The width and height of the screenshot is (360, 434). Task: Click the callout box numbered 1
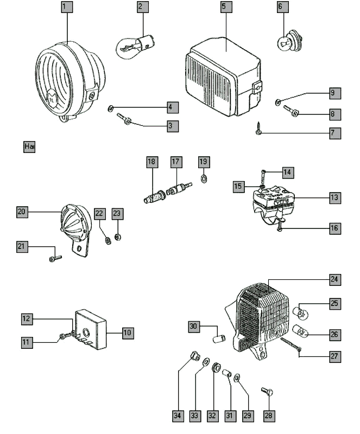[x=66, y=8]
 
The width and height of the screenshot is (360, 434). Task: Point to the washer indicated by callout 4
[x=111, y=107]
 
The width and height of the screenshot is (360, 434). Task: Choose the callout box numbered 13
[x=334, y=198]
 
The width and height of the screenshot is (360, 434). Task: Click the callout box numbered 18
[x=151, y=162]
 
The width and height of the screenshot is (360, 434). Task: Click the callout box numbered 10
[x=127, y=332]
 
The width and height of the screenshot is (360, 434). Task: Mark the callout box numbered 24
[x=334, y=280]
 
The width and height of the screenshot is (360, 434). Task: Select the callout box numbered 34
[x=177, y=416]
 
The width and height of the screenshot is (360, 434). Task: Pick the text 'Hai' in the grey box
[x=29, y=146]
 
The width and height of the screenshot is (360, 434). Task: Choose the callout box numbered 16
[x=334, y=228]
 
